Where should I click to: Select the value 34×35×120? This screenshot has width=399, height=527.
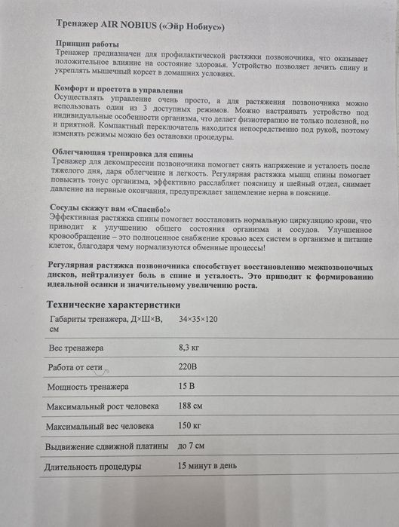click(198, 320)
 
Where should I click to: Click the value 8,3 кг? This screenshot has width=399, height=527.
click(190, 348)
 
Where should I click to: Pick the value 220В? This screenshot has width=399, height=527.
click(189, 369)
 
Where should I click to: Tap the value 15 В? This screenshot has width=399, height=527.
click(187, 387)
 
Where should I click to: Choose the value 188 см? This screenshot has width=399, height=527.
click(190, 406)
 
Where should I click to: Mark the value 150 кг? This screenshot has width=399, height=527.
click(190, 426)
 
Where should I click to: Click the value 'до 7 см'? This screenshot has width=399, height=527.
click(192, 446)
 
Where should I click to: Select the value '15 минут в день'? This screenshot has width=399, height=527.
click(207, 466)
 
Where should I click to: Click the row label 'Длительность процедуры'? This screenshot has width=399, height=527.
click(94, 467)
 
